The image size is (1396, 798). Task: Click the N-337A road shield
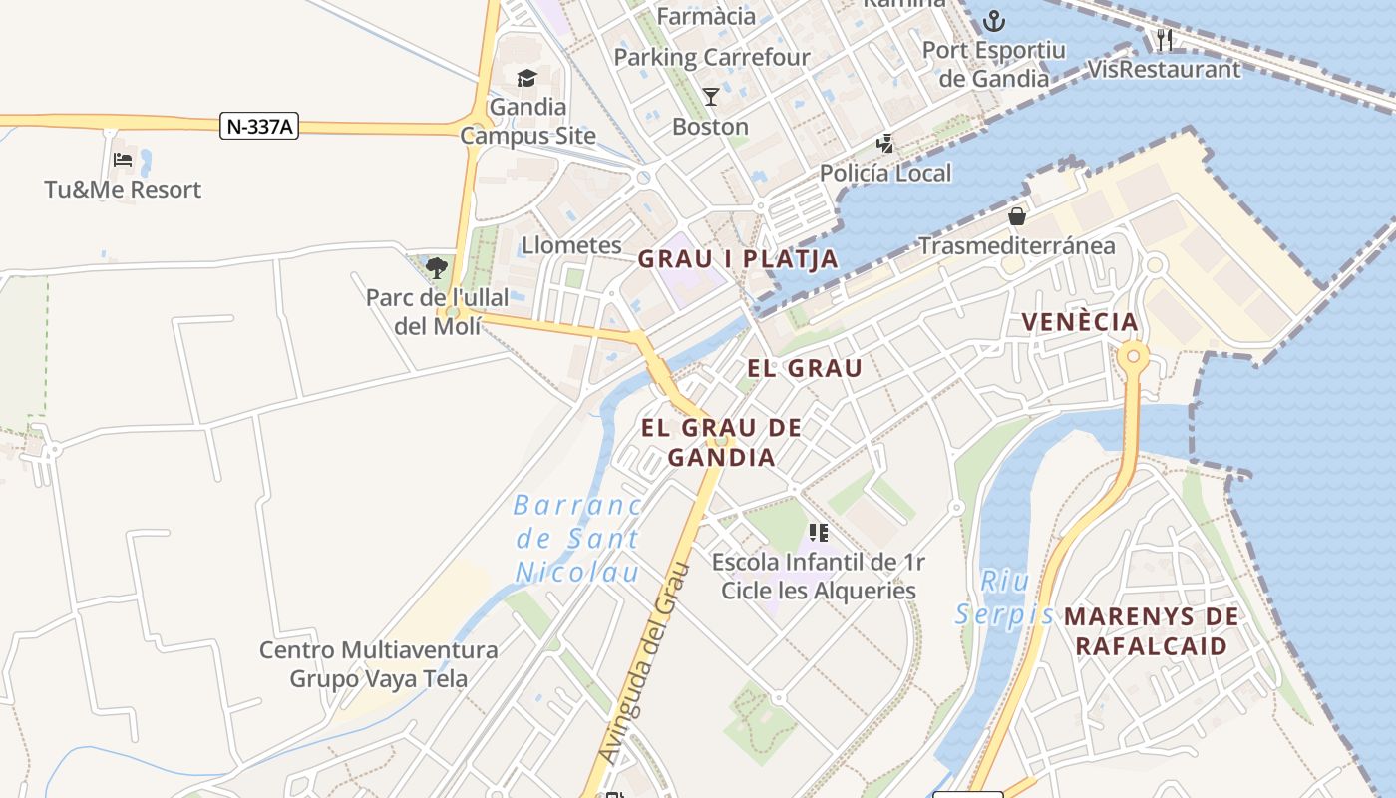pyautogui.click(x=259, y=127)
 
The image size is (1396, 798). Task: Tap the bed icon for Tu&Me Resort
pyautogui.click(x=123, y=159)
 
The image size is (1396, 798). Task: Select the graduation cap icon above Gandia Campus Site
pyautogui.click(x=526, y=78)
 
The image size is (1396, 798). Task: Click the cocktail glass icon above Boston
pyautogui.click(x=711, y=96)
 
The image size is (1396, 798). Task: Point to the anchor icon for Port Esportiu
pyautogui.click(x=993, y=20)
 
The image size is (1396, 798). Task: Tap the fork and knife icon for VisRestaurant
pyautogui.click(x=1164, y=40)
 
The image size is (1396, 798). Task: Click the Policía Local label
pyautogui.click(x=885, y=173)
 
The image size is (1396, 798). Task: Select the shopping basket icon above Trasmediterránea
pyautogui.click(x=1017, y=215)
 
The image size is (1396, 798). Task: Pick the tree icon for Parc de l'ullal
pyautogui.click(x=436, y=267)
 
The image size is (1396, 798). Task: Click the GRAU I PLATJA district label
pyautogui.click(x=738, y=260)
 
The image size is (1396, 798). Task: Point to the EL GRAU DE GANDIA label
pyautogui.click(x=721, y=443)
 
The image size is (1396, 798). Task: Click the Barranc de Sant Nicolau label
pyautogui.click(x=577, y=539)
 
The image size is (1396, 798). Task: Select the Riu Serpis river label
pyautogui.click(x=1004, y=597)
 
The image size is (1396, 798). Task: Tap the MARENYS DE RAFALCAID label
pyautogui.click(x=1152, y=631)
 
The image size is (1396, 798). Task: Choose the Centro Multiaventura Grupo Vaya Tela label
pyautogui.click(x=379, y=664)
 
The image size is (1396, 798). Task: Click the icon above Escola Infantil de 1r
pyautogui.click(x=819, y=533)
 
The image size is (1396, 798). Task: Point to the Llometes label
pyautogui.click(x=571, y=245)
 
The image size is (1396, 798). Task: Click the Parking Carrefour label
pyautogui.click(x=712, y=58)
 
